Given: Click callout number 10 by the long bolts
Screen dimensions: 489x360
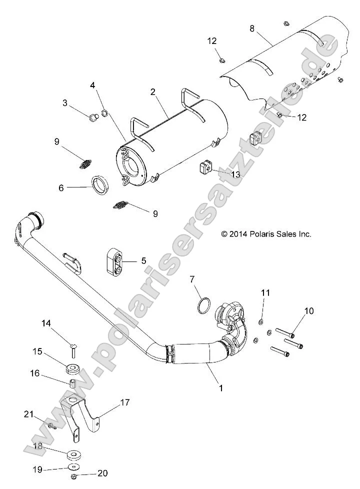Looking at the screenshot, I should (309, 310).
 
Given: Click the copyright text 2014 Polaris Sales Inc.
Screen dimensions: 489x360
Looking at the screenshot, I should (266, 233).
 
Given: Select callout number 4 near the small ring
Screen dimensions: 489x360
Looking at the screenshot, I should (92, 85).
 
